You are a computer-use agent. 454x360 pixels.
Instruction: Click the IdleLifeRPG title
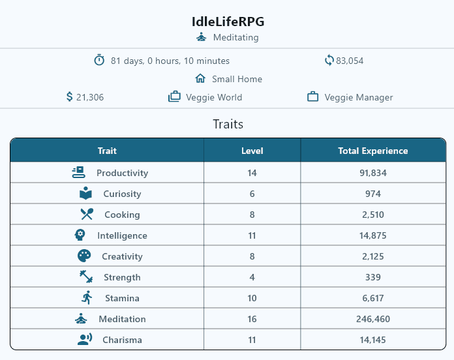coord(228,22)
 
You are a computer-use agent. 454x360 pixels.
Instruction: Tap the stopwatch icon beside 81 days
coord(99,60)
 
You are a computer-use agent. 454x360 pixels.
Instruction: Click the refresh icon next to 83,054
coord(329,61)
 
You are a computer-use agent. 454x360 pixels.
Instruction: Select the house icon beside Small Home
coord(200,78)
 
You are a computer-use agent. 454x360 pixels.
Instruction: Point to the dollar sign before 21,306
coord(69,97)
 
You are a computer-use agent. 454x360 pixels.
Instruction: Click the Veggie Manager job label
coord(359,97)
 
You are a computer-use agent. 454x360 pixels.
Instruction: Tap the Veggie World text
coord(214,97)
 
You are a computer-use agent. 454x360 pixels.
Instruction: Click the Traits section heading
coord(228,124)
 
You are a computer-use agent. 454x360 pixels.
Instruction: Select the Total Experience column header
coord(373,151)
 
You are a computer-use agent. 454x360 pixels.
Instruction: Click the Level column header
coord(252,151)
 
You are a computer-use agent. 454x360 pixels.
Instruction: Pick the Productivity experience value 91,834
coord(373,173)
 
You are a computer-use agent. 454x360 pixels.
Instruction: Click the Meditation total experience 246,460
coord(373,319)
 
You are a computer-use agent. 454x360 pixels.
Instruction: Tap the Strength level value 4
coord(252,277)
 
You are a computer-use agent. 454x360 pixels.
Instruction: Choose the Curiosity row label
coord(122,194)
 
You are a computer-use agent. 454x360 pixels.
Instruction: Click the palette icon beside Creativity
coord(84,256)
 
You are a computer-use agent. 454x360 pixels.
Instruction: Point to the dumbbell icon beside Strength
coord(86,277)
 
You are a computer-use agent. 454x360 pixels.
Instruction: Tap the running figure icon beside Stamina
coord(87,297)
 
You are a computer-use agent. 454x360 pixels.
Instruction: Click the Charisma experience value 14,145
coord(373,340)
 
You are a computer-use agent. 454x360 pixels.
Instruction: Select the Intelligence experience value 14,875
coord(373,235)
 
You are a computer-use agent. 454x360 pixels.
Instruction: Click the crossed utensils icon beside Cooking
coord(87,214)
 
